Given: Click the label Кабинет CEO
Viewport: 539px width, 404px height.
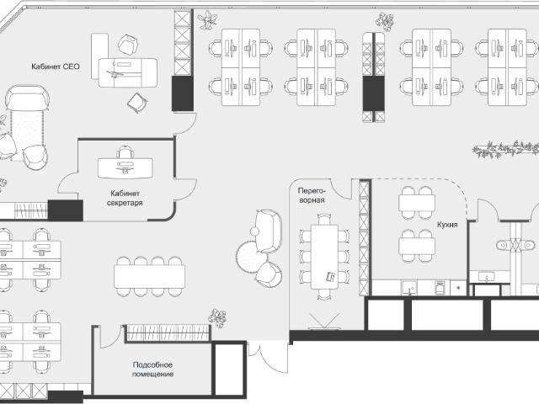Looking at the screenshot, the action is [56, 66].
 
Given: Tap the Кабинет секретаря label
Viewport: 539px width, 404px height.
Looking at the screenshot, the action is [125, 199].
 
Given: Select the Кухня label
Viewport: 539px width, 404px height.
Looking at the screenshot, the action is [447, 225].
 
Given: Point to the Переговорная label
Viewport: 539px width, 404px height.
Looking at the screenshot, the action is [311, 195].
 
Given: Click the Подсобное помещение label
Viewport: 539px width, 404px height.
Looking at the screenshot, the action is [152, 369].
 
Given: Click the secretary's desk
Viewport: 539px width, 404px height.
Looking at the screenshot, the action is [125, 168].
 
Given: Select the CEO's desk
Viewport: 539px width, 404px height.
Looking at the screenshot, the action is [128, 72].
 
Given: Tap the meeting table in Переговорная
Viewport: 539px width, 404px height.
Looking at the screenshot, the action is [324, 257].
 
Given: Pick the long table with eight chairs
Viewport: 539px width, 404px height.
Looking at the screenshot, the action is [150, 277].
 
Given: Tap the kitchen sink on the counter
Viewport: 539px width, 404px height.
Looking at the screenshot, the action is [409, 288].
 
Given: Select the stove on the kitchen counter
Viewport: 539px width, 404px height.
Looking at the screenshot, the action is [440, 288].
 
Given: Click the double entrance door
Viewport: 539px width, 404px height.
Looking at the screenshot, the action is [269, 356].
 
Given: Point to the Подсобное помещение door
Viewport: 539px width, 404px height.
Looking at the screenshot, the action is [110, 337].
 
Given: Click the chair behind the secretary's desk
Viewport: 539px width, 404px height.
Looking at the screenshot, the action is [125, 151].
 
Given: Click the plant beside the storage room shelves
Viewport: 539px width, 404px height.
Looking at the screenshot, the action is [218, 318].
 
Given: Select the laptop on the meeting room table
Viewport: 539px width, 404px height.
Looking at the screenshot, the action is [331, 276].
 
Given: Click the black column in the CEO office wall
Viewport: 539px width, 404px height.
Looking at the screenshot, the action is [183, 93].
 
